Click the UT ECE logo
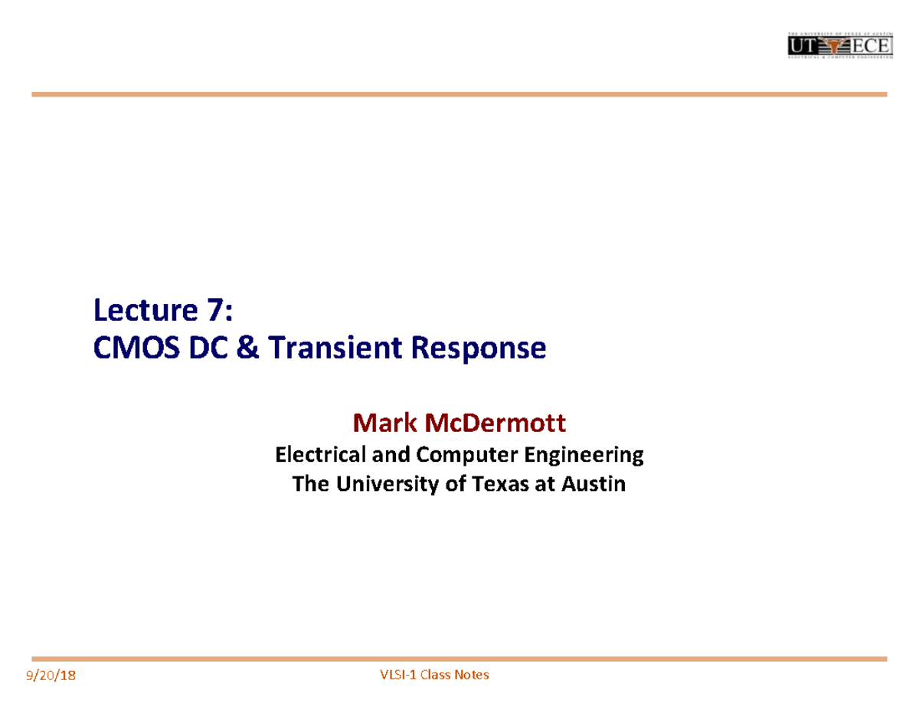(x=840, y=47)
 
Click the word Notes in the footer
(x=471, y=675)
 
